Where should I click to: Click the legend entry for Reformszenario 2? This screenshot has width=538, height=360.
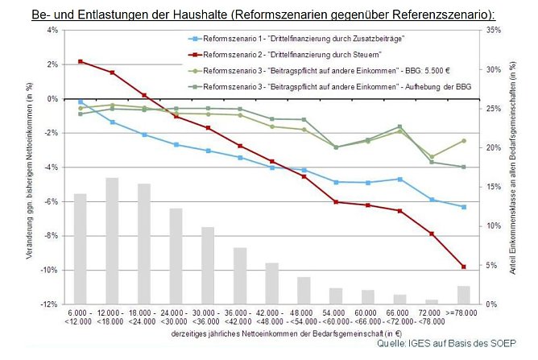pyautogui.click(x=290, y=54)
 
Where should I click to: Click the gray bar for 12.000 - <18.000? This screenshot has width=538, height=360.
pyautogui.click(x=112, y=241)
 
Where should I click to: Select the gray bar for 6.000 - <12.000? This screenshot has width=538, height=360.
pyautogui.click(x=80, y=249)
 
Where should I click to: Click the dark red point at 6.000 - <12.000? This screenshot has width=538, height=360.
pyautogui.click(x=80, y=61)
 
